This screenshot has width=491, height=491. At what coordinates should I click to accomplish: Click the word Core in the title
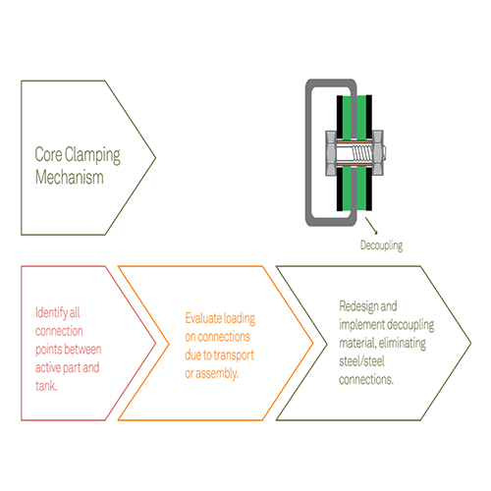[48, 154]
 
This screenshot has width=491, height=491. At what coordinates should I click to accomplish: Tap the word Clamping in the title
[92, 155]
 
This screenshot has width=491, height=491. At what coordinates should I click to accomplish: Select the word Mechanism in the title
[70, 177]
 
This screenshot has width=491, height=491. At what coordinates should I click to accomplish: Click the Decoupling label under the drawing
[381, 245]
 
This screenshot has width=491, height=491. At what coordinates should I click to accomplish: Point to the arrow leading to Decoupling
[371, 225]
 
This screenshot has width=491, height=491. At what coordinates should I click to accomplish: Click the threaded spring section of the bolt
[361, 153]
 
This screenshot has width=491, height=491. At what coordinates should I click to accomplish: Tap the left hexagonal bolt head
[330, 153]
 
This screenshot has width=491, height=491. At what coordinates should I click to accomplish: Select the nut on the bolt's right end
[378, 153]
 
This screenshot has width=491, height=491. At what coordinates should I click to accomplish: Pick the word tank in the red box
[46, 386]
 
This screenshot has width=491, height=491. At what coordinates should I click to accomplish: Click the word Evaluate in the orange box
[204, 318]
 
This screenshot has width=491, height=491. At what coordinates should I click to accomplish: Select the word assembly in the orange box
[216, 373]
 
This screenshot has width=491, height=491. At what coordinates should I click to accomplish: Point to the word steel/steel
[361, 361]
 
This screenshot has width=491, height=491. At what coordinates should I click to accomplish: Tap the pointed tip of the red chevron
[155, 343]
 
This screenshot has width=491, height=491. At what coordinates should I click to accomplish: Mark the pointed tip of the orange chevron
[312, 343]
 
